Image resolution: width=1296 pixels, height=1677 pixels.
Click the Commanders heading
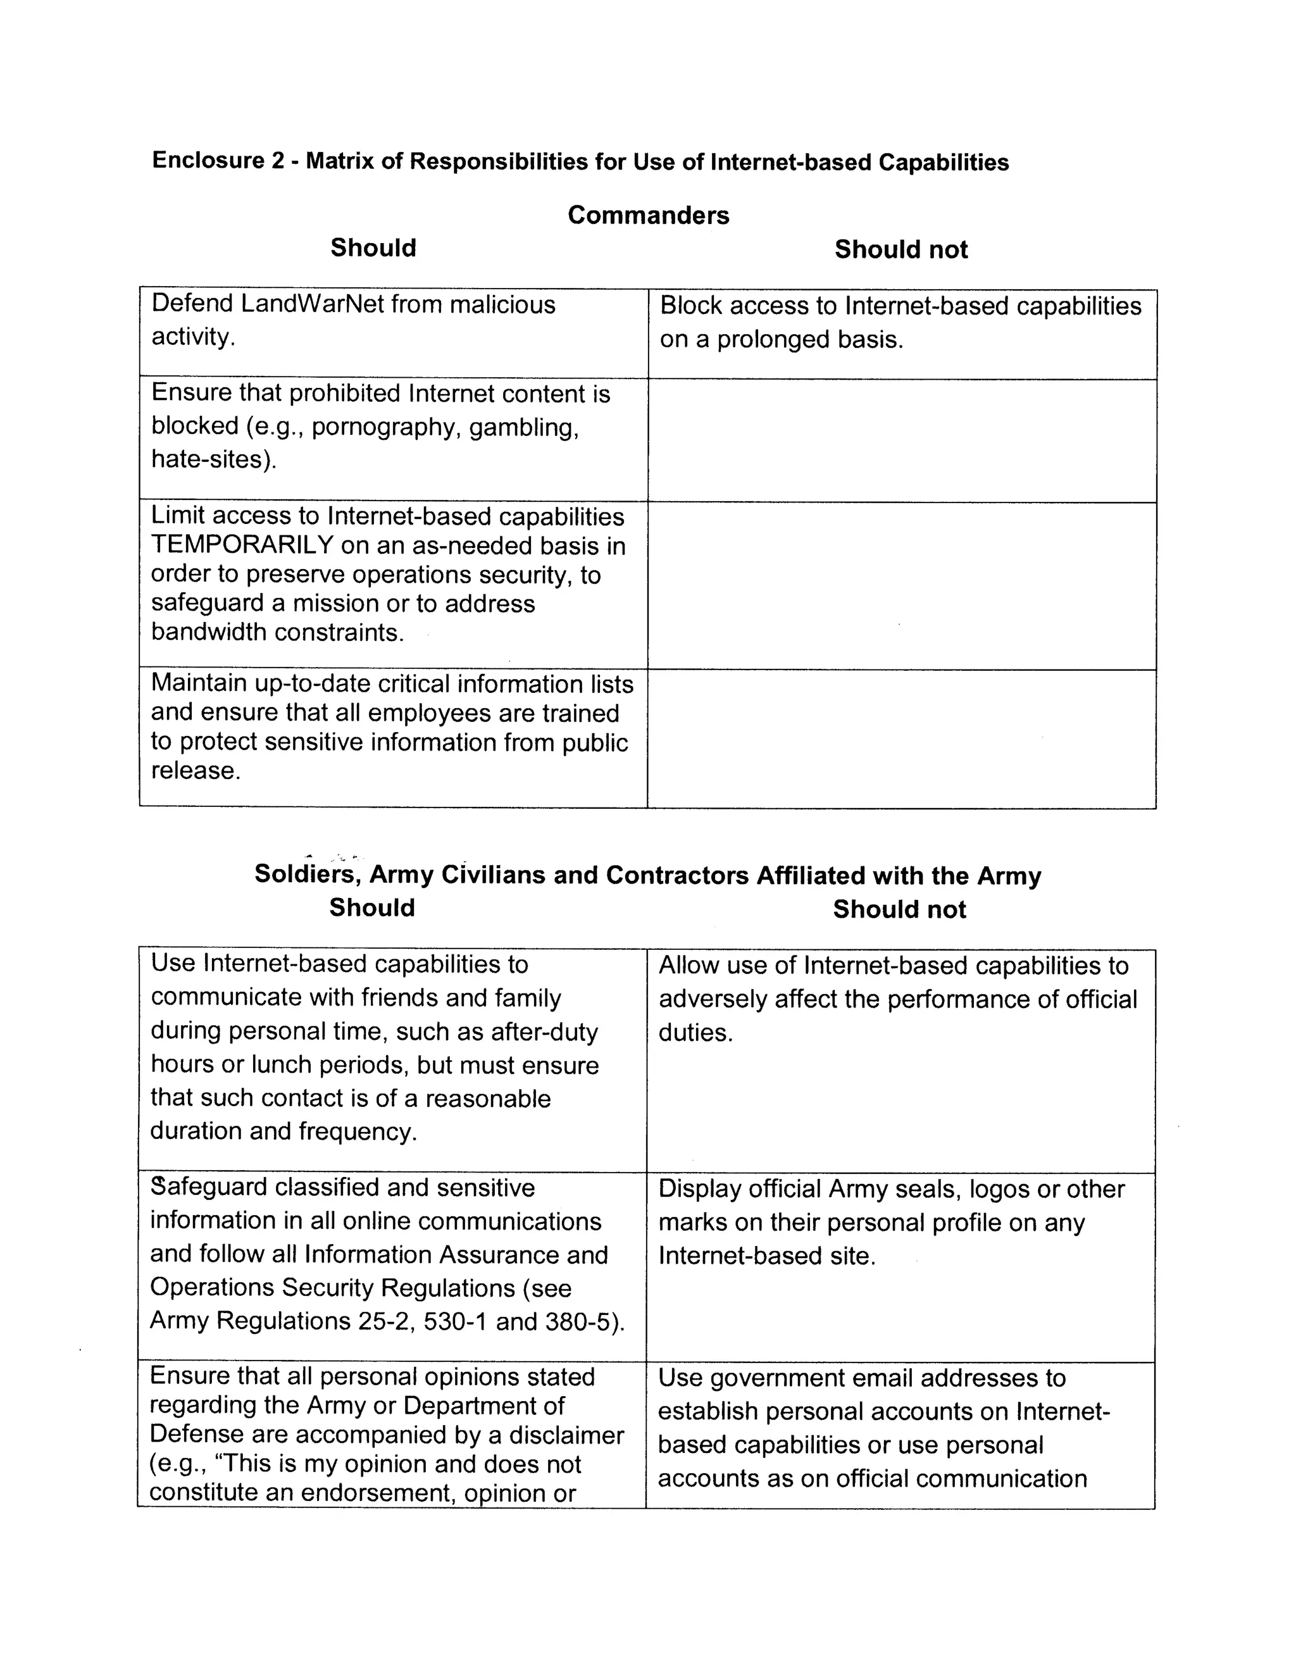648,215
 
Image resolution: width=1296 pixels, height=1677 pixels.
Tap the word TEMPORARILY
242,545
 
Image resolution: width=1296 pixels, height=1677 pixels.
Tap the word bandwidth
209,632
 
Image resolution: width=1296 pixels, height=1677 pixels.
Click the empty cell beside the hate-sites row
901,440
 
